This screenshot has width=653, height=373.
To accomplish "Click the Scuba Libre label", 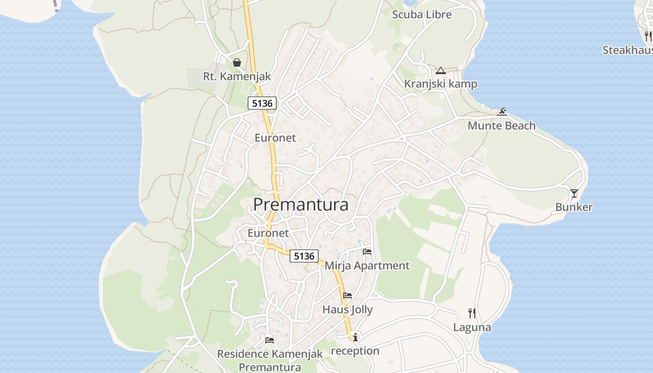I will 422,14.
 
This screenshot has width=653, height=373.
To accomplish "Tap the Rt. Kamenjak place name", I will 237,76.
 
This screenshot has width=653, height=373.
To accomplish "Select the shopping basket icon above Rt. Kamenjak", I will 237,62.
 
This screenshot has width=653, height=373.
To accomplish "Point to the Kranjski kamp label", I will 440,84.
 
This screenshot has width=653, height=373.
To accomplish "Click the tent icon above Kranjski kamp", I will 441,71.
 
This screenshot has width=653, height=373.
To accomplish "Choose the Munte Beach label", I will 501,125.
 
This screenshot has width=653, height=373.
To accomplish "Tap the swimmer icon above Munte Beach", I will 502,112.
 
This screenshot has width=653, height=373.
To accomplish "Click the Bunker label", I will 574,207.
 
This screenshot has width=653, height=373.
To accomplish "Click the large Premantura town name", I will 301,204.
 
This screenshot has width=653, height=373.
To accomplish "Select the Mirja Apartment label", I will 367,266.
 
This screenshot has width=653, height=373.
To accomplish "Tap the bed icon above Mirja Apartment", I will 367,252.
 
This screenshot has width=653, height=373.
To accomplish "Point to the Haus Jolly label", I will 347,310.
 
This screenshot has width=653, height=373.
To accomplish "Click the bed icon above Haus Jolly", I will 347,296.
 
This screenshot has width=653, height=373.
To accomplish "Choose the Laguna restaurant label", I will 472,327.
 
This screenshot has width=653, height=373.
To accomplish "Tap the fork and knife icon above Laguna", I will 472,313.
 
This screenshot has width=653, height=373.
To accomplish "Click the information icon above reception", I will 355,337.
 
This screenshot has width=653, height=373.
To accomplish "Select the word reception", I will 355,351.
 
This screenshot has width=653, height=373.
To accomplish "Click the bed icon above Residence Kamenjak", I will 270,340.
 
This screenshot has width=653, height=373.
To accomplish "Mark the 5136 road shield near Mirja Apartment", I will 304,256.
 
